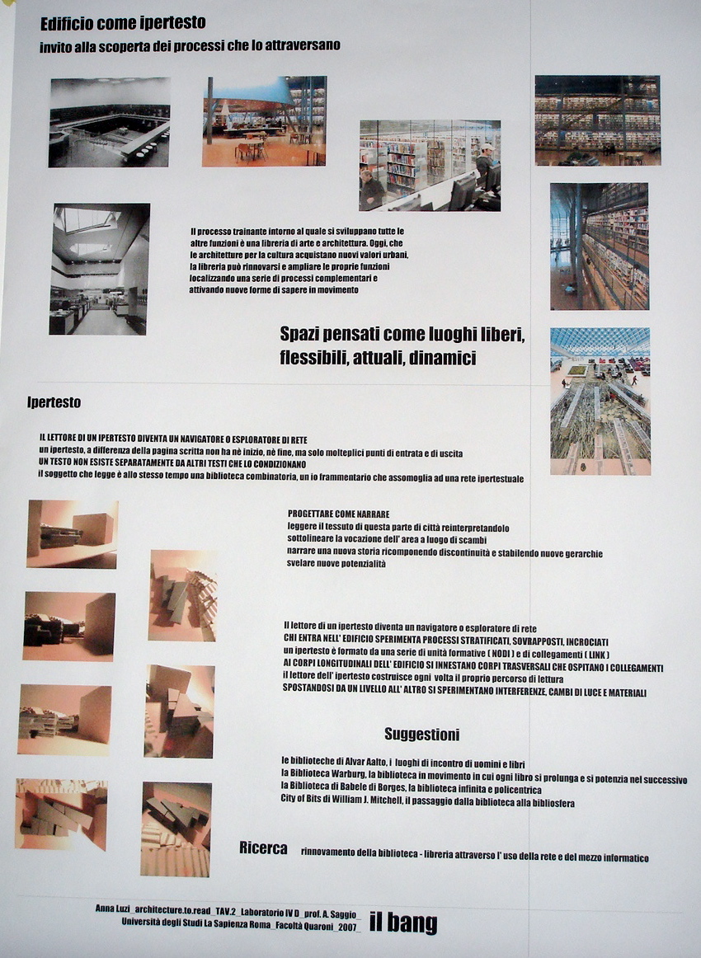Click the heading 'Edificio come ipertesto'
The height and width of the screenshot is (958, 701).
[123, 23]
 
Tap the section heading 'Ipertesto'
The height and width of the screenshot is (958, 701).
[54, 402]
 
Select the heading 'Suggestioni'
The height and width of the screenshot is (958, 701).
[421, 734]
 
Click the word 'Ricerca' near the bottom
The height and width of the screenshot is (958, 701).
[263, 848]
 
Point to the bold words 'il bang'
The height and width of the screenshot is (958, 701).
[402, 922]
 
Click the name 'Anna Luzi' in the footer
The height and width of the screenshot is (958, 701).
[113, 908]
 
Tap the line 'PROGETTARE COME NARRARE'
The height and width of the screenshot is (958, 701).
[338, 513]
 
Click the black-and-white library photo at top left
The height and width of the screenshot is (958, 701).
[109, 122]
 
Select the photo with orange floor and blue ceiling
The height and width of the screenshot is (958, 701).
[264, 121]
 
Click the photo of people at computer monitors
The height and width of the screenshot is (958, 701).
[429, 165]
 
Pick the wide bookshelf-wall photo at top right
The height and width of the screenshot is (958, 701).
[597, 120]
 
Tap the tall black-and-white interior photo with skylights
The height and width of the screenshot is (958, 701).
[100, 269]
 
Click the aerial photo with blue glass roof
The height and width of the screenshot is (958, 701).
[600, 401]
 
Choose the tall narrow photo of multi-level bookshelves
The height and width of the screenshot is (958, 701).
[599, 246]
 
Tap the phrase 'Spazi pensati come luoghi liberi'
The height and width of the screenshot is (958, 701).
[402, 336]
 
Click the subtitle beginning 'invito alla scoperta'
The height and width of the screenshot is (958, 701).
[190, 45]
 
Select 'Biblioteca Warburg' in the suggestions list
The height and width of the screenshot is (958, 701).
[324, 776]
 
